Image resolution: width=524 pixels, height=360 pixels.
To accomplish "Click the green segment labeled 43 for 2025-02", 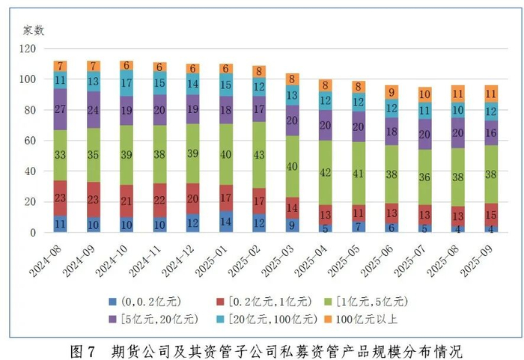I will [x=259, y=154].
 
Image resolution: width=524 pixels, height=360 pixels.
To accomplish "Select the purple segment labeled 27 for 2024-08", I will [x=60, y=109].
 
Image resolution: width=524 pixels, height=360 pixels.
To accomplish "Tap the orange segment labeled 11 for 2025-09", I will [x=491, y=94].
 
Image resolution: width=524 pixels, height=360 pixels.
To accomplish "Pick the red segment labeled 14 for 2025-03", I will [x=293, y=208].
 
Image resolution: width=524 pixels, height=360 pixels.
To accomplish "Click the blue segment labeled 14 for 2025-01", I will [x=226, y=222].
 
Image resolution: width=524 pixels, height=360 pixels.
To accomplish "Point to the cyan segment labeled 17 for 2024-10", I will [x=127, y=83].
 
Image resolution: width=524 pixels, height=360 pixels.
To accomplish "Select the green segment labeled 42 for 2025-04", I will [x=326, y=172].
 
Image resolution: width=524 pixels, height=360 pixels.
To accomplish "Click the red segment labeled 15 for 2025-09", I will [x=491, y=215].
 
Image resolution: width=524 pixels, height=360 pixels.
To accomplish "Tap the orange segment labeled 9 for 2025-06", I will [x=392, y=93].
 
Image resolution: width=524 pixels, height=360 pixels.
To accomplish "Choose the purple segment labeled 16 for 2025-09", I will [x=491, y=132].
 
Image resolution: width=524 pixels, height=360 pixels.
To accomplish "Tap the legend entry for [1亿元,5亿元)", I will [x=368, y=301].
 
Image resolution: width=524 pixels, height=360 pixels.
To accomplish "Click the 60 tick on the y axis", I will [x=31, y=141].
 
